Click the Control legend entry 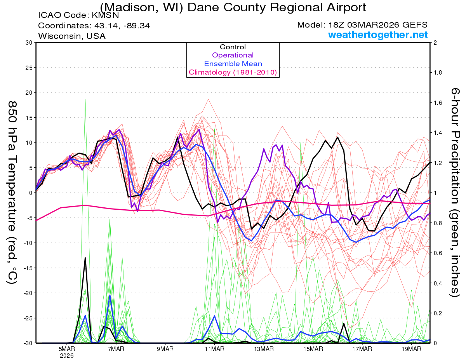(x=233, y=47)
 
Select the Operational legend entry (x=233, y=55)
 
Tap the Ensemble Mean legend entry (x=233, y=64)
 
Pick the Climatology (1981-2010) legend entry (x=233, y=72)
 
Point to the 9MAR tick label (x=165, y=349)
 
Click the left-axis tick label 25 (x=28, y=68)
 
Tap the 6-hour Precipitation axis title (x=455, y=192)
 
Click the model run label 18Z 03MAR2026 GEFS (x=374, y=25)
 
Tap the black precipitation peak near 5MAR (x=85, y=258)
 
